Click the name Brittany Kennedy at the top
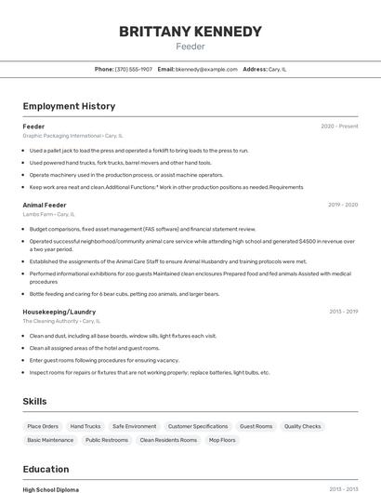tap(190, 32)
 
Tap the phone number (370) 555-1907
tap(134, 69)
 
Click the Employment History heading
tap(69, 106)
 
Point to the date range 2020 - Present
tap(339, 126)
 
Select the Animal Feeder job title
tap(45, 205)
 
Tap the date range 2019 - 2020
tap(343, 205)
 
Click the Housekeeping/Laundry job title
tap(59, 312)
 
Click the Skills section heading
tap(35, 401)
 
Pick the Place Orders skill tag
tap(43, 426)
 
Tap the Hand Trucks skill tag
tap(85, 426)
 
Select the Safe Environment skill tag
tap(134, 426)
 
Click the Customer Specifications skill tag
tap(198, 426)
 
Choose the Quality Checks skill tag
tap(303, 426)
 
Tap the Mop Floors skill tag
tap(221, 440)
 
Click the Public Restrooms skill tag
tap(107, 440)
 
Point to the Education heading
tap(46, 469)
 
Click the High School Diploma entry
tap(51, 489)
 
